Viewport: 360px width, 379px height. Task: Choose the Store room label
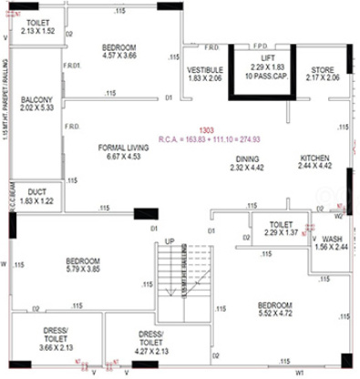(324, 69)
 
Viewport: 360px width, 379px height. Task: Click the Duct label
(38, 192)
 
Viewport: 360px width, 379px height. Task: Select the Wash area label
(332, 239)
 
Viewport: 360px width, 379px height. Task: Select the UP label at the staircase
(170, 241)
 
